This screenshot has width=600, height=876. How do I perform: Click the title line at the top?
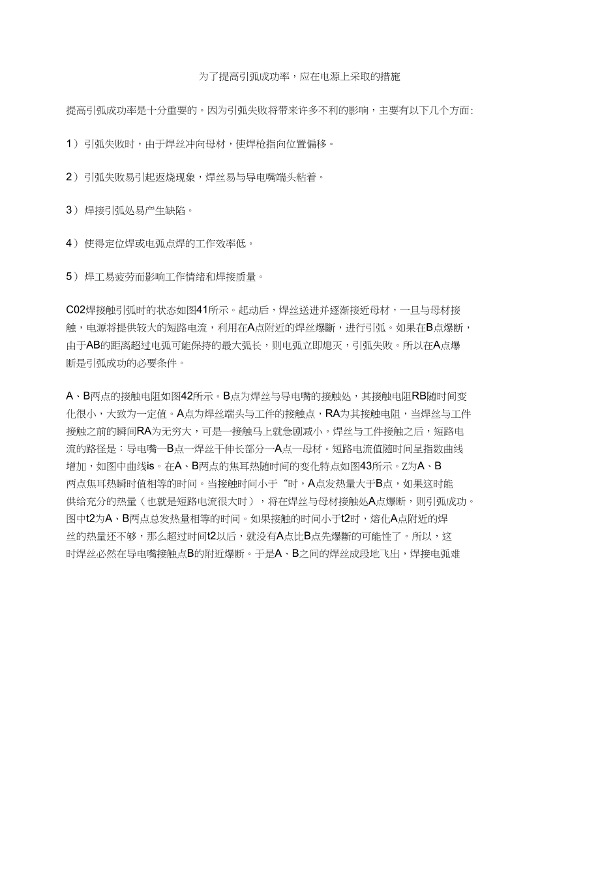click(x=299, y=77)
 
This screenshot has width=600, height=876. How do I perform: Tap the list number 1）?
click(x=72, y=144)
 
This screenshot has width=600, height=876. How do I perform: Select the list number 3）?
click(x=72, y=210)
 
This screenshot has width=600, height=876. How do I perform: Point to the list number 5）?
click(x=72, y=277)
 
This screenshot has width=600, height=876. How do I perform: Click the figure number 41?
click(x=202, y=311)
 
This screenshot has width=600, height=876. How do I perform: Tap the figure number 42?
click(x=186, y=396)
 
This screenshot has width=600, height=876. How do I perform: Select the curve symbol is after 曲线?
click(x=150, y=466)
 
